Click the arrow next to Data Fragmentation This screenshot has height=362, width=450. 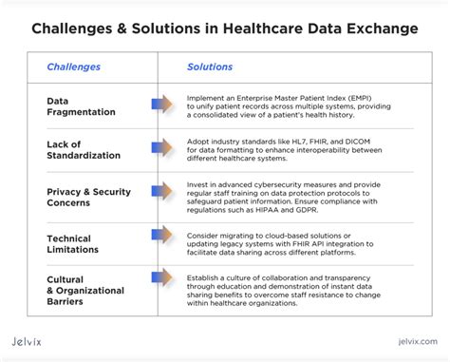pos(160,104)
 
